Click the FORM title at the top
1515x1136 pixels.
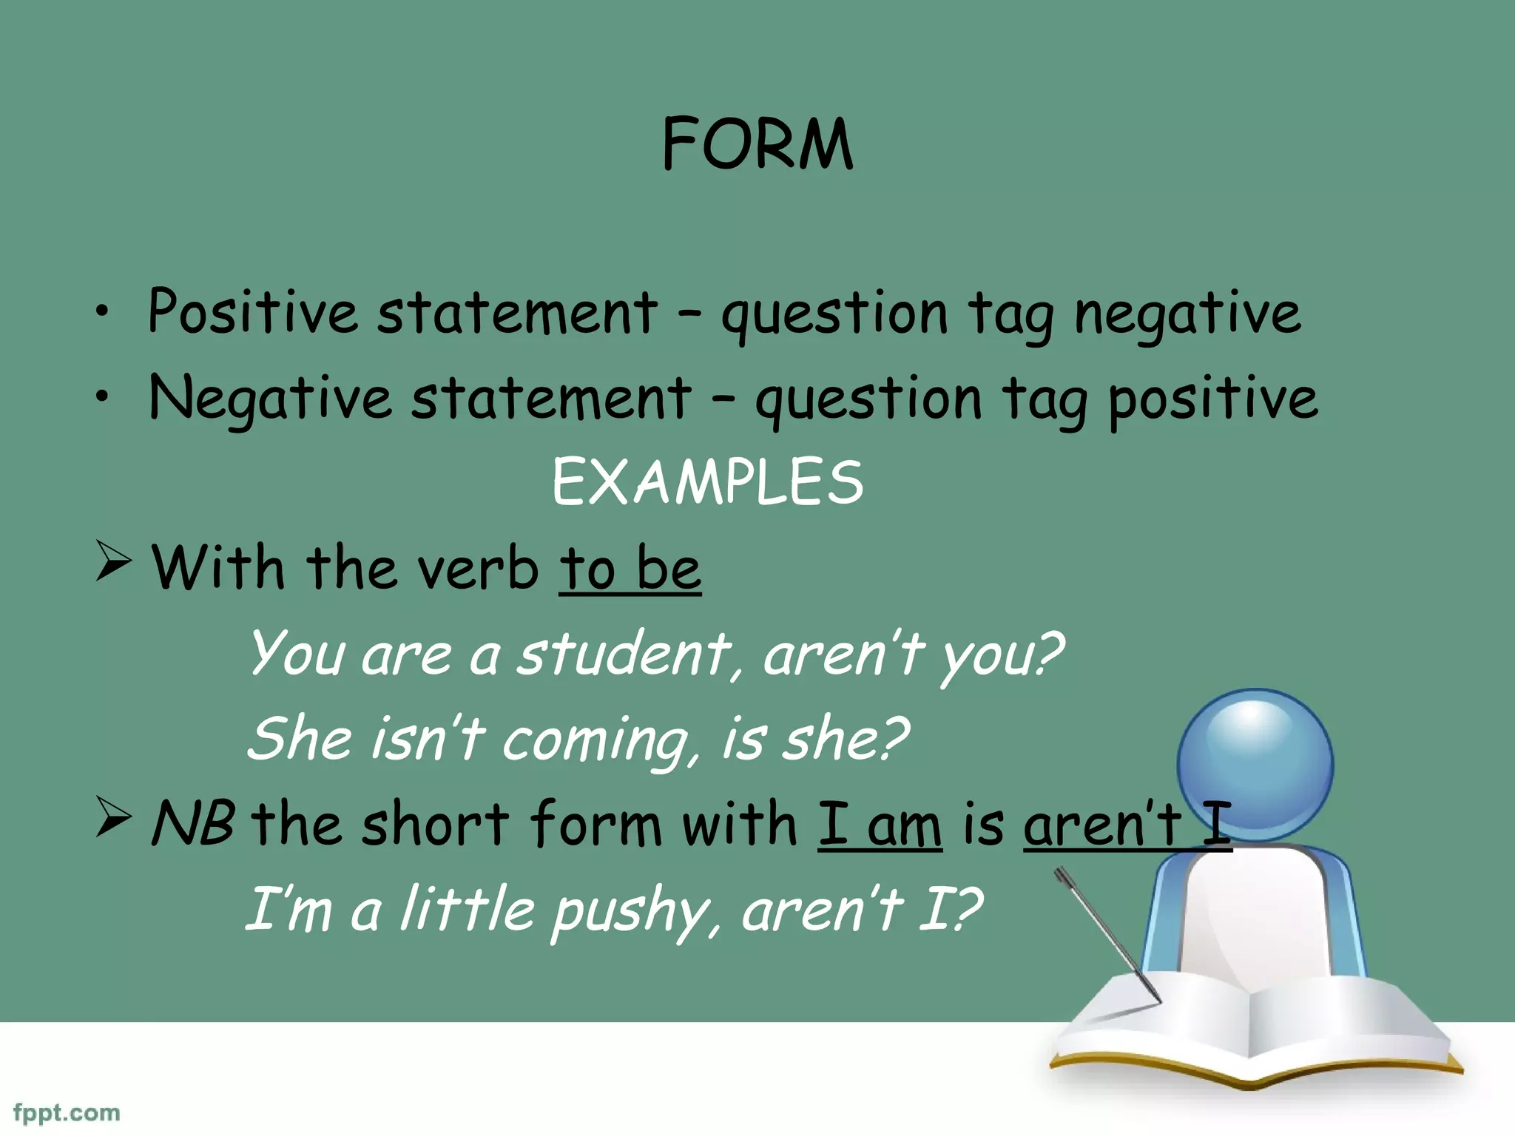(x=757, y=143)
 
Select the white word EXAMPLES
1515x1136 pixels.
(x=707, y=482)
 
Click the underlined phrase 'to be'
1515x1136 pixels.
(x=630, y=569)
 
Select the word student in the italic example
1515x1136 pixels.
(x=624, y=654)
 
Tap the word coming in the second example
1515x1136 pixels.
(x=599, y=741)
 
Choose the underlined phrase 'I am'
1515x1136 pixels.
(x=880, y=825)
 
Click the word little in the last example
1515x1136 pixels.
(x=467, y=910)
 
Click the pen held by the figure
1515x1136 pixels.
(x=1107, y=936)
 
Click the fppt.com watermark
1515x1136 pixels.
(x=67, y=1113)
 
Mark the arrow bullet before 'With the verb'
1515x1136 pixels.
(x=113, y=562)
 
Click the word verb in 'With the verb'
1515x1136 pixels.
(x=477, y=569)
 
